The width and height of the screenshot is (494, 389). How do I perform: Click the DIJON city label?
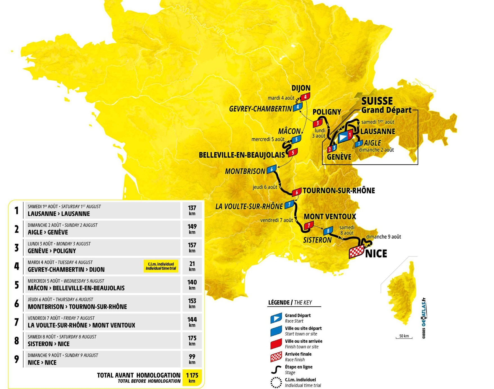pyautogui.click(x=301, y=88)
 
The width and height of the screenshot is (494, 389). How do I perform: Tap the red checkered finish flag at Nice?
pyautogui.click(x=356, y=251)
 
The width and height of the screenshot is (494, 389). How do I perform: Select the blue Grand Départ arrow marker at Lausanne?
pyautogui.click(x=343, y=137)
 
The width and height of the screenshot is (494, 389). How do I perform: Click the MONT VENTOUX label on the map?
pyautogui.click(x=330, y=216)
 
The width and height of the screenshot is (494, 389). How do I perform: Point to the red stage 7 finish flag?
pyautogui.click(x=309, y=225)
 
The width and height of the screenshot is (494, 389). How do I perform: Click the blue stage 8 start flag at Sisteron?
pyautogui.click(x=328, y=231)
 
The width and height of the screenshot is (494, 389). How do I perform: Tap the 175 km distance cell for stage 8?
pyautogui.click(x=192, y=341)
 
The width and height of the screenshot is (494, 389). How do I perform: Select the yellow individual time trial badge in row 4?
pyautogui.click(x=161, y=266)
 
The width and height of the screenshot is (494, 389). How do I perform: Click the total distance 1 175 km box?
pyautogui.click(x=192, y=377)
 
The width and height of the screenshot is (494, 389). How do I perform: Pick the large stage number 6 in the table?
pyautogui.click(x=17, y=303)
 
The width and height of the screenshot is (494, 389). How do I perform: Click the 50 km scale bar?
pyautogui.click(x=404, y=337)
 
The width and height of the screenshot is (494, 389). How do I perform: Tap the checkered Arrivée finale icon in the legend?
pyautogui.click(x=276, y=357)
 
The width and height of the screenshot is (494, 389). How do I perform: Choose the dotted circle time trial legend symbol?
pyautogui.click(x=276, y=383)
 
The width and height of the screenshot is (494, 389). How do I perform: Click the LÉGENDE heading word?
pyautogui.click(x=279, y=302)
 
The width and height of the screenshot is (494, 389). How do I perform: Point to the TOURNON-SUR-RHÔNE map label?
pyautogui.click(x=339, y=191)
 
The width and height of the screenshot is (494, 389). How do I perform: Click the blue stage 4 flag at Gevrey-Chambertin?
pyautogui.click(x=298, y=107)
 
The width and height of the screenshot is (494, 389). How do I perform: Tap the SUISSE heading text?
pyautogui.click(x=377, y=101)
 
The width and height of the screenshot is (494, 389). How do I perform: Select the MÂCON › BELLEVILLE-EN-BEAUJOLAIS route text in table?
pyautogui.click(x=76, y=288)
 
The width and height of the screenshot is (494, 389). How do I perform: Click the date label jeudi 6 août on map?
pyautogui.click(x=265, y=187)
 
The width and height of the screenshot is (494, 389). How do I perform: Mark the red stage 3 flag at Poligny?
pyautogui.click(x=318, y=123)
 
